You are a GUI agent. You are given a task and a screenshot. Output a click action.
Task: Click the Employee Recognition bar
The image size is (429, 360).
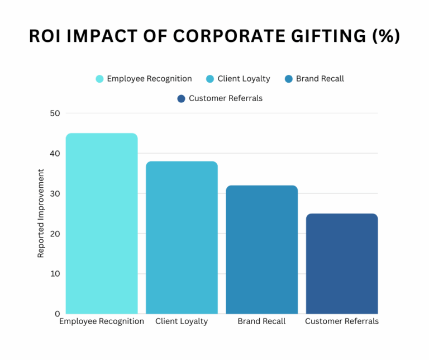click(102, 224)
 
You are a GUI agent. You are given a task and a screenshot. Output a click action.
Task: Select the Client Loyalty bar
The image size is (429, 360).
click(182, 238)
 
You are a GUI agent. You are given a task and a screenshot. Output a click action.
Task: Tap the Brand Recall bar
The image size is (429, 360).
click(261, 249)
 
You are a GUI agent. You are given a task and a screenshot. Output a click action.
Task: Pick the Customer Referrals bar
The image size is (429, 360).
click(342, 263)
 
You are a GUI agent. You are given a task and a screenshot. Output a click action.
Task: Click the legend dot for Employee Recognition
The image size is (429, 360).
click(99, 79)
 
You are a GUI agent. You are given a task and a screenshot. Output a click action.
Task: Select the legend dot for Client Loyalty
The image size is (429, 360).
click(210, 79)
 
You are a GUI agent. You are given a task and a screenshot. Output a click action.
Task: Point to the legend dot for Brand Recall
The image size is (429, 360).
click(288, 79)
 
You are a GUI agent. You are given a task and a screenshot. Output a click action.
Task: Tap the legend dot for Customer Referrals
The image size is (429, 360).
click(181, 98)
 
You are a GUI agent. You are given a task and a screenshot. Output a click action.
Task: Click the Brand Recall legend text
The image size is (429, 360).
click(320, 79)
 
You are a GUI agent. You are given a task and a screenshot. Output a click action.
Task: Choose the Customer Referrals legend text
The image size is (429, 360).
click(226, 98)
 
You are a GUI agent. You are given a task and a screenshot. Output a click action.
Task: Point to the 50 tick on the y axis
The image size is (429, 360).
click(55, 113)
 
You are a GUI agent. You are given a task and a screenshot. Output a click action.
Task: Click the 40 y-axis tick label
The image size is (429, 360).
click(55, 153)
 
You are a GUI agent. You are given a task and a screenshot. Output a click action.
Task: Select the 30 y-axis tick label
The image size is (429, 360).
click(55, 193)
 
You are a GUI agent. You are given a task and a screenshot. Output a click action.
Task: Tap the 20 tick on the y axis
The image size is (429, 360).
click(55, 234)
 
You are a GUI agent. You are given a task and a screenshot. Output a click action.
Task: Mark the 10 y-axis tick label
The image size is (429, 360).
click(55, 274)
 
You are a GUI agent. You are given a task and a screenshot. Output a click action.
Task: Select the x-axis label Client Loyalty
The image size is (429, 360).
click(182, 321)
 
